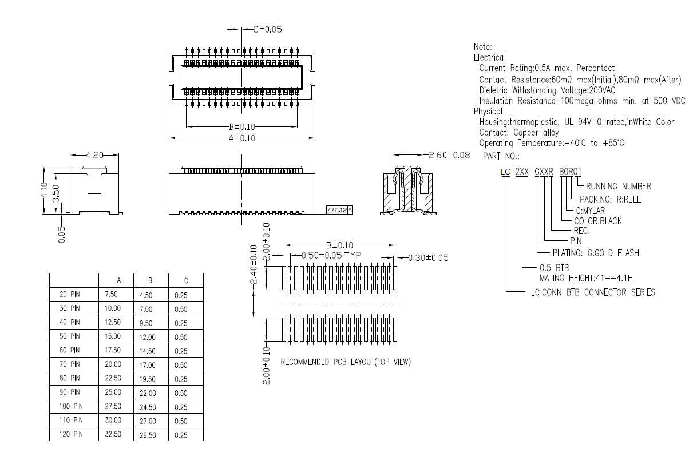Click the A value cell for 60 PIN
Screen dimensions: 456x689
click(113, 350)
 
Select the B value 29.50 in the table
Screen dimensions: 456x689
click(148, 435)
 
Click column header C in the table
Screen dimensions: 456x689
click(185, 280)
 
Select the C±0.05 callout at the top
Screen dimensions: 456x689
click(267, 29)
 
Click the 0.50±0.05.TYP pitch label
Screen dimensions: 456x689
click(328, 256)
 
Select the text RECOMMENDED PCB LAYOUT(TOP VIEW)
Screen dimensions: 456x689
click(346, 362)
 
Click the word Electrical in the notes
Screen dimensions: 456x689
click(489, 57)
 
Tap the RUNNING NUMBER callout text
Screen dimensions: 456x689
click(618, 186)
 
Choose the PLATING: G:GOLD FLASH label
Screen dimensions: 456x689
click(595, 253)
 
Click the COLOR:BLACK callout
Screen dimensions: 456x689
click(597, 221)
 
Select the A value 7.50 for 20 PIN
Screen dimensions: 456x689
click(113, 294)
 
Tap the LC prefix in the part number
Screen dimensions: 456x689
click(504, 171)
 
